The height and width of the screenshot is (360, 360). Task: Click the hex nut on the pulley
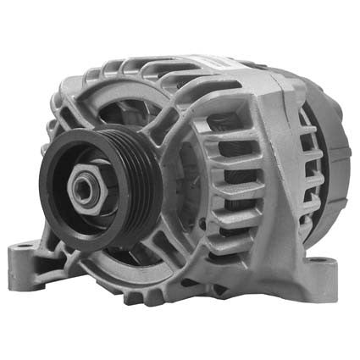pyautogui.click(x=84, y=188)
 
